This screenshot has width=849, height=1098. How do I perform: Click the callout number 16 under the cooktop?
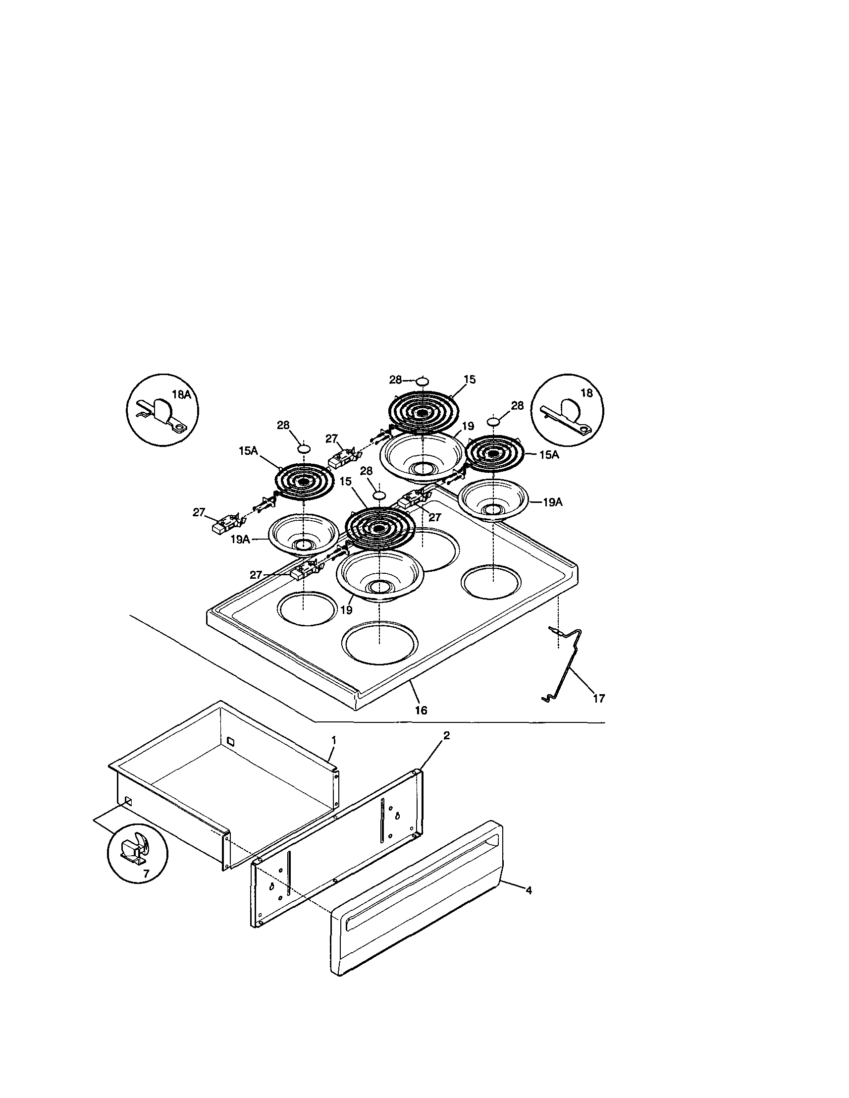coord(421,710)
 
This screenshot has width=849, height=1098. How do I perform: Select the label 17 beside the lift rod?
coord(599,698)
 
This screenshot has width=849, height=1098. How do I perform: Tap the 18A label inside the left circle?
coord(181,395)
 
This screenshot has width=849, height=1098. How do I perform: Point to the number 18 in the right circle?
coord(586,393)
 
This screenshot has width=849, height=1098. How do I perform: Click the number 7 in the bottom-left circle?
coord(146,874)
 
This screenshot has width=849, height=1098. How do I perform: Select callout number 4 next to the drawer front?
coord(529,890)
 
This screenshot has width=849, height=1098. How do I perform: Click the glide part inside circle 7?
coord(133,851)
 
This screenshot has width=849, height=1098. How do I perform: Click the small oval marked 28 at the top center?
coord(423,381)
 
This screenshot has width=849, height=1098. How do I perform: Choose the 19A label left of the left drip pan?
coord(240,540)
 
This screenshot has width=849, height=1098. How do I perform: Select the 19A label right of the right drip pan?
coord(552,502)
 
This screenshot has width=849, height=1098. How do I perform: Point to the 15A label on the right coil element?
coord(549,455)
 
